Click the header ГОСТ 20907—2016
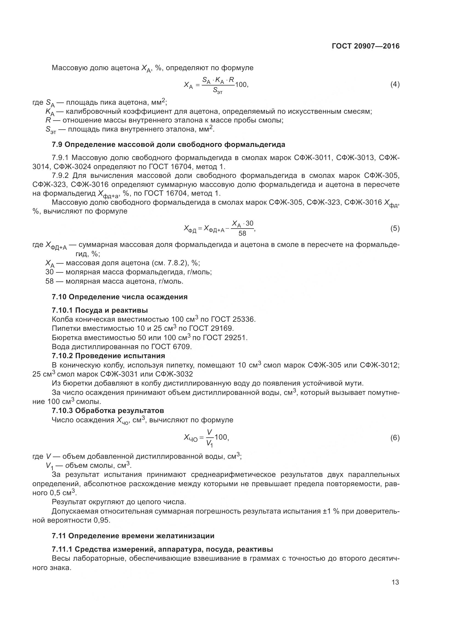click(366, 46)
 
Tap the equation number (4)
click(395, 84)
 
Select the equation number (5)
click(395, 229)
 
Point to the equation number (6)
click(395, 438)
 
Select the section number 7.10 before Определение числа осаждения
click(59, 297)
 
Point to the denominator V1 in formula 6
click(209, 443)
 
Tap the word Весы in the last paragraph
click(60, 559)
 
